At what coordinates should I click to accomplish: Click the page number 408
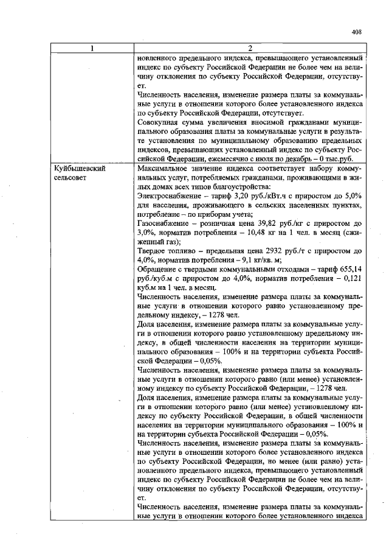tap(357, 33)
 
